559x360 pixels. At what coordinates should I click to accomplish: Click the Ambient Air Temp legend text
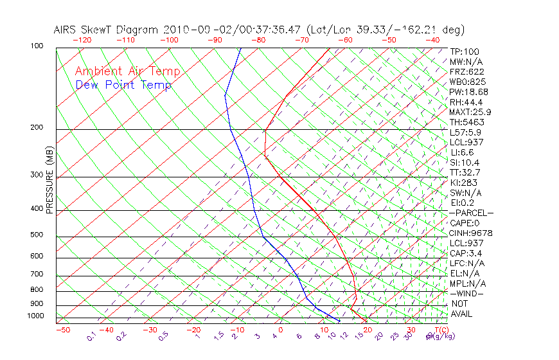click(128, 71)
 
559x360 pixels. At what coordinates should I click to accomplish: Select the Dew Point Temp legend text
click(123, 85)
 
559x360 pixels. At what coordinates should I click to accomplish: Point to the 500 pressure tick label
click(37, 235)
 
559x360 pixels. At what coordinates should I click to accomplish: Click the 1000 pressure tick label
click(35, 316)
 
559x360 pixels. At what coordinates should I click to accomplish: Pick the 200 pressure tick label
click(37, 127)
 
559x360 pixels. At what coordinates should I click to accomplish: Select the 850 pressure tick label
click(37, 290)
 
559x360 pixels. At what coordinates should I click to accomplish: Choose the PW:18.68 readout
click(468, 92)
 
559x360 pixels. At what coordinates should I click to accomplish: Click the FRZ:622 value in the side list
click(467, 71)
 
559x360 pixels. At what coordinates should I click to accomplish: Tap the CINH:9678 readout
click(469, 233)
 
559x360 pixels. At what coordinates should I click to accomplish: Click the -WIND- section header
click(467, 293)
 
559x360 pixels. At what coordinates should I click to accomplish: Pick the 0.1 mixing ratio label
click(91, 336)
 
